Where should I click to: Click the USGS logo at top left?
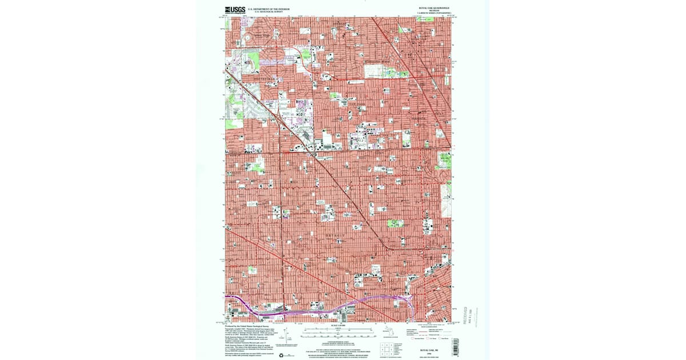tap(234, 10)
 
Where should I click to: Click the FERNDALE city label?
tap(419, 118)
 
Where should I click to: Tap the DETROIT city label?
tap(336, 235)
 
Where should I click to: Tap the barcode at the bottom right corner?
tap(456, 346)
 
